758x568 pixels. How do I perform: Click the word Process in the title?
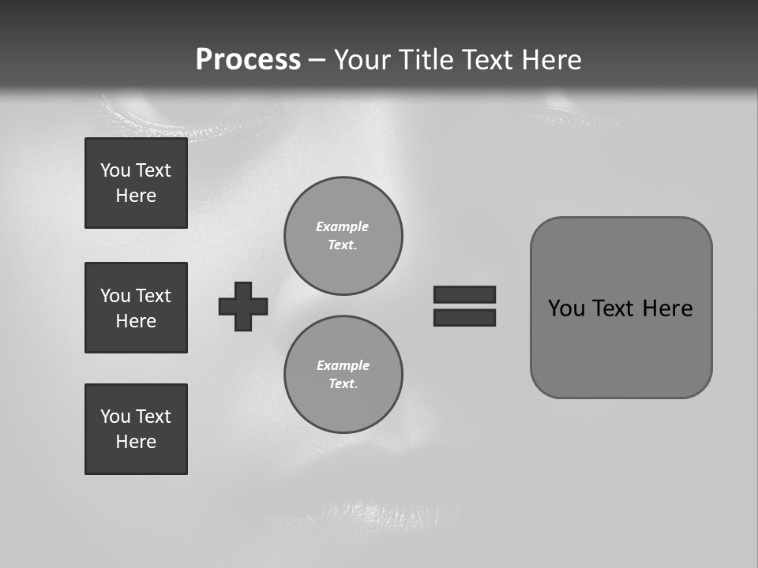click(248, 60)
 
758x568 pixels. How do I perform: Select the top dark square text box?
click(136, 183)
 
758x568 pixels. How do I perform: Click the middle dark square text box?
click(136, 308)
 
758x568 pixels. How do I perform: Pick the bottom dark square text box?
click(136, 429)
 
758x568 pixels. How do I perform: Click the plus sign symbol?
click(243, 306)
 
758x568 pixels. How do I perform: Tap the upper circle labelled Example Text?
click(343, 235)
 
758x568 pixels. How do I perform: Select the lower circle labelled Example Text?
click(343, 374)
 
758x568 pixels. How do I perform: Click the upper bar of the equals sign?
click(464, 294)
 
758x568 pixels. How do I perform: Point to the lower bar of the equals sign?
click(464, 317)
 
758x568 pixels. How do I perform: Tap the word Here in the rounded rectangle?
click(667, 308)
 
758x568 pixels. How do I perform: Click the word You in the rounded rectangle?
click(566, 308)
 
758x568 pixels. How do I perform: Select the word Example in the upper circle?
click(342, 226)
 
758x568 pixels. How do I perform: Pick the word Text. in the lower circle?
click(343, 383)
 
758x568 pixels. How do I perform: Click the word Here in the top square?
click(136, 196)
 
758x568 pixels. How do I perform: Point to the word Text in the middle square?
click(153, 296)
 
